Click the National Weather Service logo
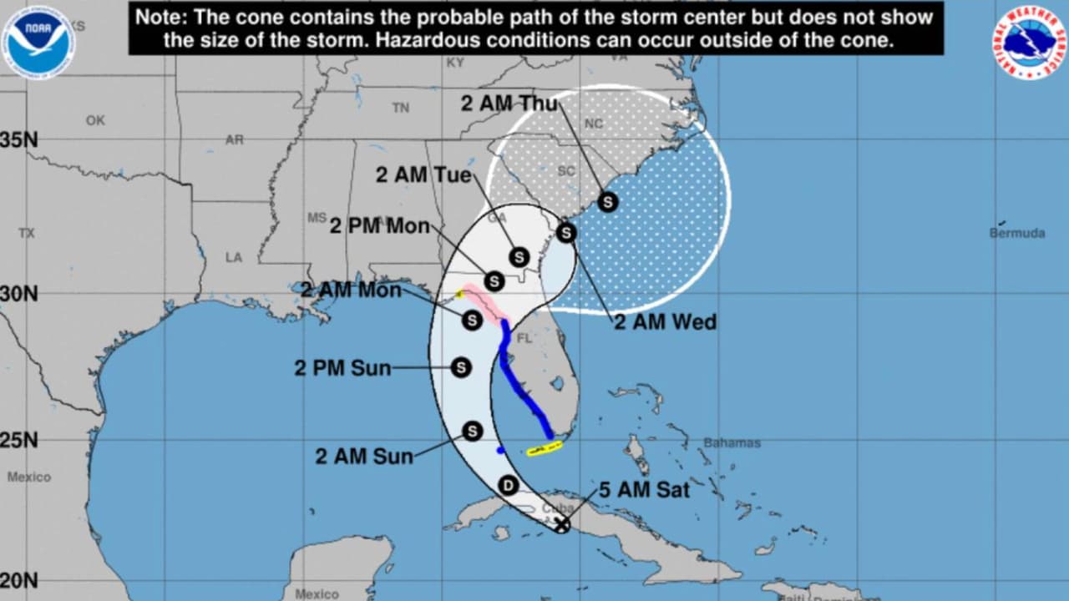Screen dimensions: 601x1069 tap(1029, 42)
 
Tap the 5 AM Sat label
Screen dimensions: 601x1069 tap(645, 490)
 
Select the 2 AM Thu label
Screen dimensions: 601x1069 tap(509, 104)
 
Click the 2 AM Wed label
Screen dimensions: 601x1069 tap(665, 322)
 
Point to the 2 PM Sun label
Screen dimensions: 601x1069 tap(342, 368)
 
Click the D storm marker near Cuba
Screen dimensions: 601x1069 tap(508, 485)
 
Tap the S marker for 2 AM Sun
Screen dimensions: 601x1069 tap(473, 431)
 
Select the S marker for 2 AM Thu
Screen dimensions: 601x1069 tap(608, 201)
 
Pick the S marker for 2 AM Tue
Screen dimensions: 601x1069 tap(519, 257)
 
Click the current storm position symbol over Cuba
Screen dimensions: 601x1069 tap(562, 524)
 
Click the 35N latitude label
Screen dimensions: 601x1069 tap(18, 140)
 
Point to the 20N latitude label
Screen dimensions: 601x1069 tap(18, 580)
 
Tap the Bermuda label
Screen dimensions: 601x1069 tap(1016, 233)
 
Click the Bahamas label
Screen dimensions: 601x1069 tap(732, 442)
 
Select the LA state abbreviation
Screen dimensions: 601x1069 tap(234, 257)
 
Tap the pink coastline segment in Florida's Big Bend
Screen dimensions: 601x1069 tap(484, 302)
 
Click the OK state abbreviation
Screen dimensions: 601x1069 tap(95, 121)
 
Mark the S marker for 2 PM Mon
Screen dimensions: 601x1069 tap(494, 281)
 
